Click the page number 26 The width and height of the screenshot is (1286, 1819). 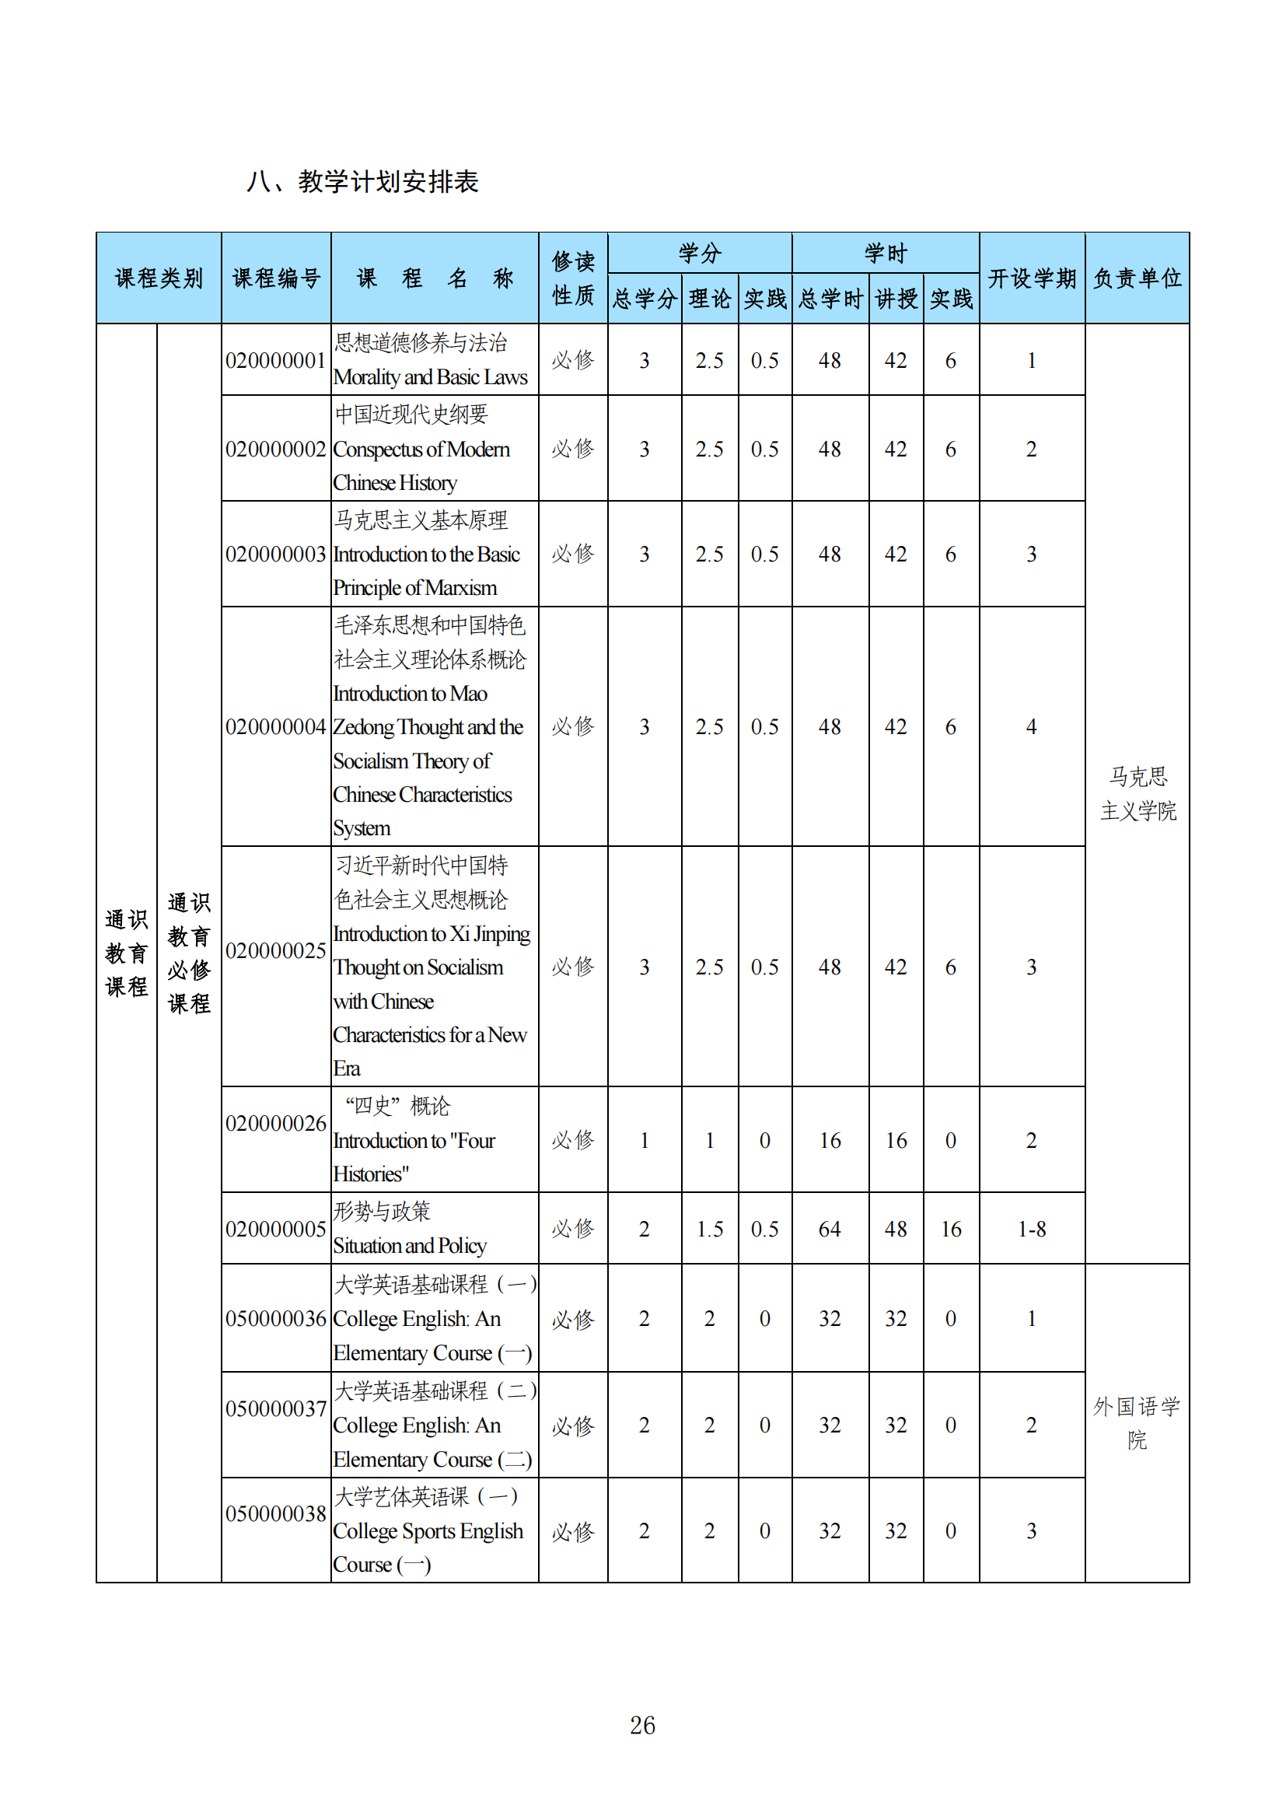(642, 1725)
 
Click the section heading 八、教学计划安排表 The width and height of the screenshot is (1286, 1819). (362, 182)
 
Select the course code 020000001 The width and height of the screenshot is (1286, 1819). (275, 362)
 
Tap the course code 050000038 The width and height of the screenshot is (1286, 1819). (275, 1514)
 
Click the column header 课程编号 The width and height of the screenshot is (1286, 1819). (275, 278)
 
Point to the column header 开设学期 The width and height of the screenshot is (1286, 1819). (1031, 278)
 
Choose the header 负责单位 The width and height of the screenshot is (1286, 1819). (1137, 278)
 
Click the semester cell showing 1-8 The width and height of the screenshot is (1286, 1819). (1031, 1230)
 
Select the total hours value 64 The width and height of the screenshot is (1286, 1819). (829, 1230)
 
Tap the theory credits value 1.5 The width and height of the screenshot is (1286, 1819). (710, 1230)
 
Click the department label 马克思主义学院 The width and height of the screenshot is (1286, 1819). (1137, 794)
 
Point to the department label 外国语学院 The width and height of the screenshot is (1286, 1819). (1137, 1423)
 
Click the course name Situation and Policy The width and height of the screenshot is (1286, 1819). (410, 1246)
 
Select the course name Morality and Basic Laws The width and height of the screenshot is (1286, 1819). (430, 378)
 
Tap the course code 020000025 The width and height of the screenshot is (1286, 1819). (275, 950)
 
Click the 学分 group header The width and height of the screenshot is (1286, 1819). (699, 254)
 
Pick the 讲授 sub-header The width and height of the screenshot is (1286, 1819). (896, 299)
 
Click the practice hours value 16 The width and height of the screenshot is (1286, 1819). (950, 1230)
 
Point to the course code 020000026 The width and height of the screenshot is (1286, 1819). (275, 1124)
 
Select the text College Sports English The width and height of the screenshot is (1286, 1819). (428, 1531)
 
